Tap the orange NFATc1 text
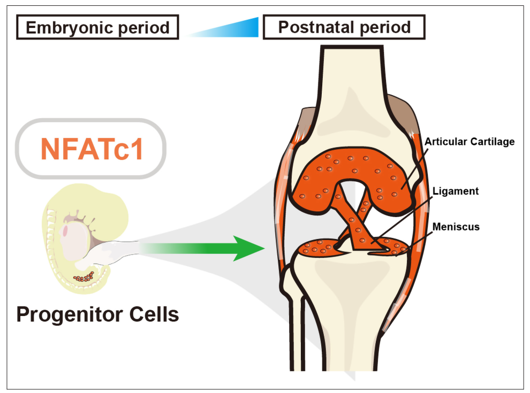tap(92, 149)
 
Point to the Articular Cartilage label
tap(469, 142)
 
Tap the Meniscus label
tap(457, 227)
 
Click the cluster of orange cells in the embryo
tap(84, 276)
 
